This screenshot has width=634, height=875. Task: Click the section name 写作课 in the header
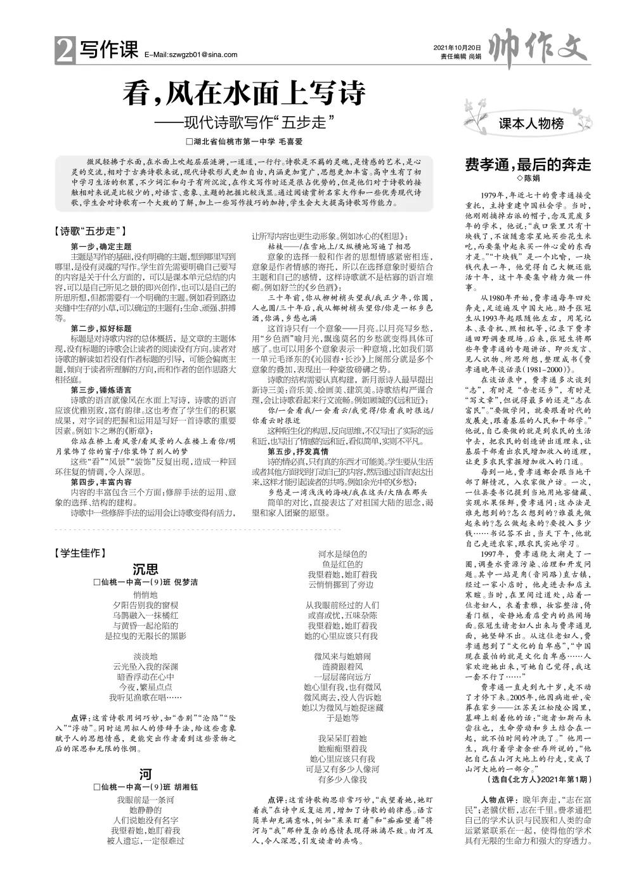(107, 51)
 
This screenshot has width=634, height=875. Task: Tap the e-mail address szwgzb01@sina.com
(191, 55)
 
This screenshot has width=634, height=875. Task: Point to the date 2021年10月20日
(457, 48)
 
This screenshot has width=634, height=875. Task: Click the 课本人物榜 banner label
(531, 124)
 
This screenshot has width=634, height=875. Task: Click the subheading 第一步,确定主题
(101, 246)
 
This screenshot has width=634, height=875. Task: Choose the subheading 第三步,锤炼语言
(101, 389)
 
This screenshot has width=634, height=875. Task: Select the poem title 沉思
(145, 569)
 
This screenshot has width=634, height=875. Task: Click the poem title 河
(145, 774)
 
